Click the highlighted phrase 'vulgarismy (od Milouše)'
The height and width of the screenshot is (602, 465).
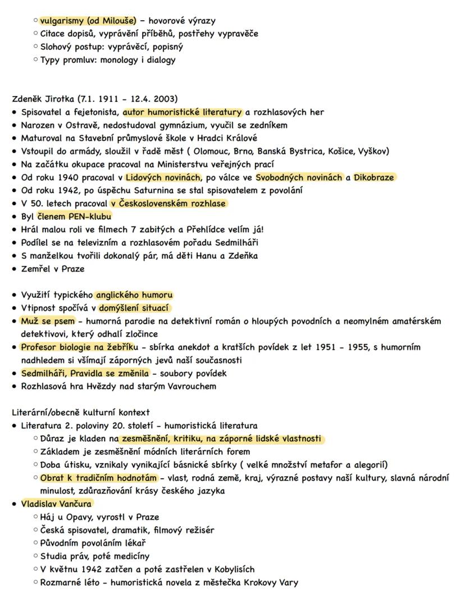tap(88, 21)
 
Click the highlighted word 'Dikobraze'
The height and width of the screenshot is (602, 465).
tap(373, 177)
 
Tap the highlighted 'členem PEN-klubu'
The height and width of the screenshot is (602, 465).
tap(75, 216)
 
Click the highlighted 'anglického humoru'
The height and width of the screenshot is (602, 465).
tap(135, 295)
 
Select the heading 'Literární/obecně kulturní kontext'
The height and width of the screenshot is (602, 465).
tap(81, 412)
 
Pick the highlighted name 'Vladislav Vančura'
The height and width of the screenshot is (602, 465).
tap(57, 504)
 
